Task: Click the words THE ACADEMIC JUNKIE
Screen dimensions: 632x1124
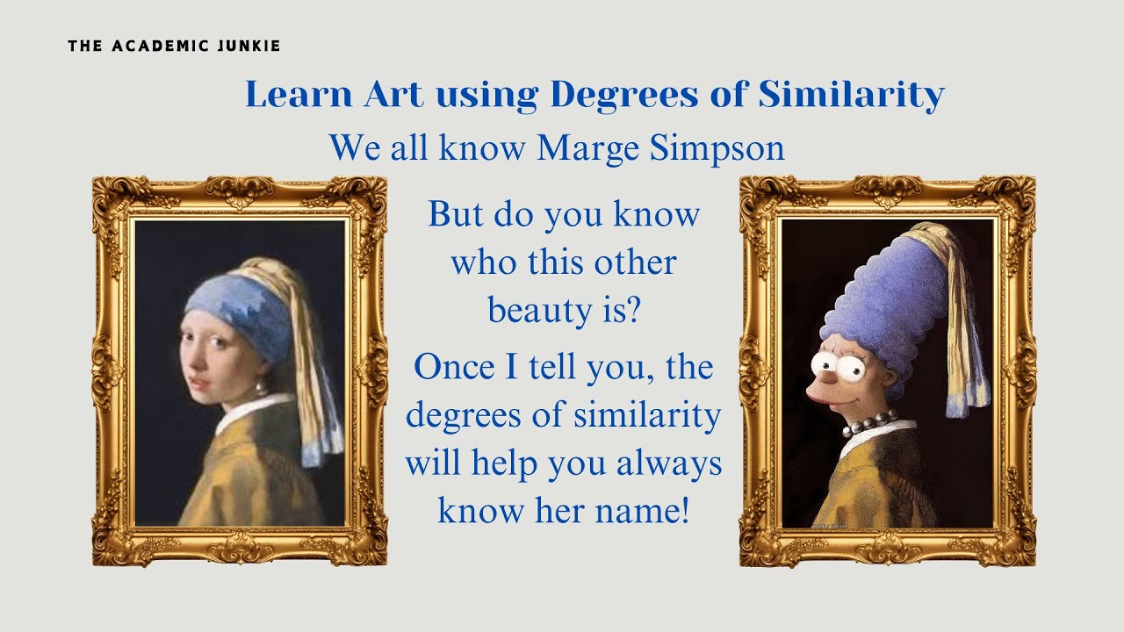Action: click(174, 46)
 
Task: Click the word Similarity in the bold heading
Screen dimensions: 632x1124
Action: click(851, 94)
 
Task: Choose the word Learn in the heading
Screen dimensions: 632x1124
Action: click(298, 94)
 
